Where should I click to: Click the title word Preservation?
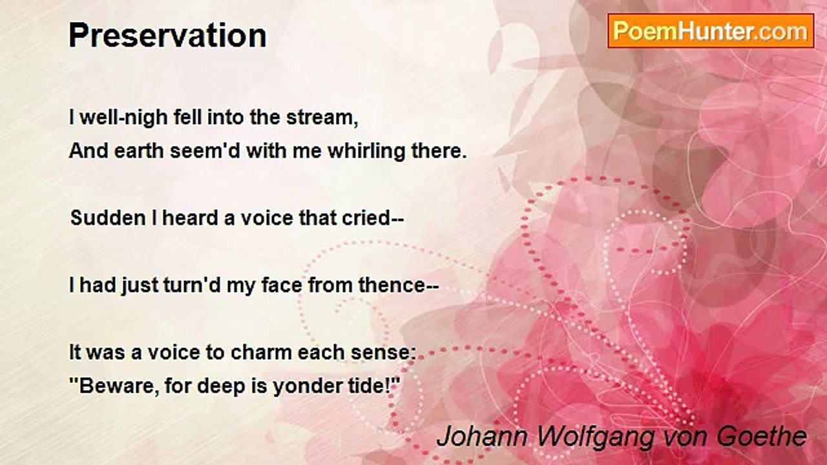[167, 36]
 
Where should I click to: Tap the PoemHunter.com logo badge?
[711, 30]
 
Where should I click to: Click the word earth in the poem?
[140, 152]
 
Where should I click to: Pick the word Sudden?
[99, 218]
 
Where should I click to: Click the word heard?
[190, 218]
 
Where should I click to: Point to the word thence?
[395, 285]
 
